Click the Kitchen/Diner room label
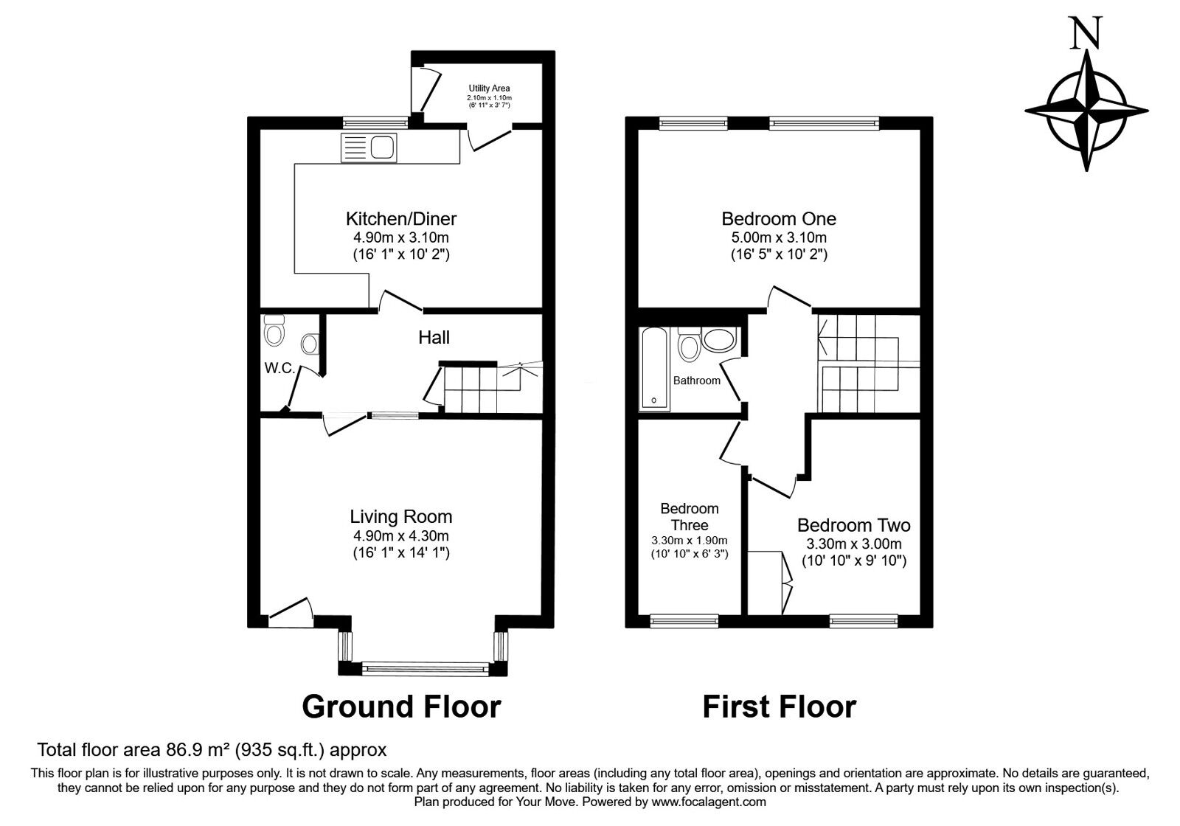(x=401, y=218)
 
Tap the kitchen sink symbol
(x=369, y=147)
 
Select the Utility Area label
(x=490, y=88)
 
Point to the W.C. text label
(x=280, y=368)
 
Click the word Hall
(x=434, y=337)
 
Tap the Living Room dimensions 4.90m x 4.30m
(x=401, y=535)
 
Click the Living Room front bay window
(x=425, y=669)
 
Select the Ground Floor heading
(x=401, y=707)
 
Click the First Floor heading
(x=779, y=707)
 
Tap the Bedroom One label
(x=779, y=218)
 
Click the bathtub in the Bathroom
(x=654, y=368)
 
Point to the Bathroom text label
(x=696, y=381)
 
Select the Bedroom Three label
(x=690, y=517)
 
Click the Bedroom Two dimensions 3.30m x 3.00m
(x=854, y=544)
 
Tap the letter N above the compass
(x=1085, y=32)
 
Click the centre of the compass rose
(x=1086, y=111)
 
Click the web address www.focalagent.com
(x=709, y=802)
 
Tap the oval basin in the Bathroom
(x=719, y=340)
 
